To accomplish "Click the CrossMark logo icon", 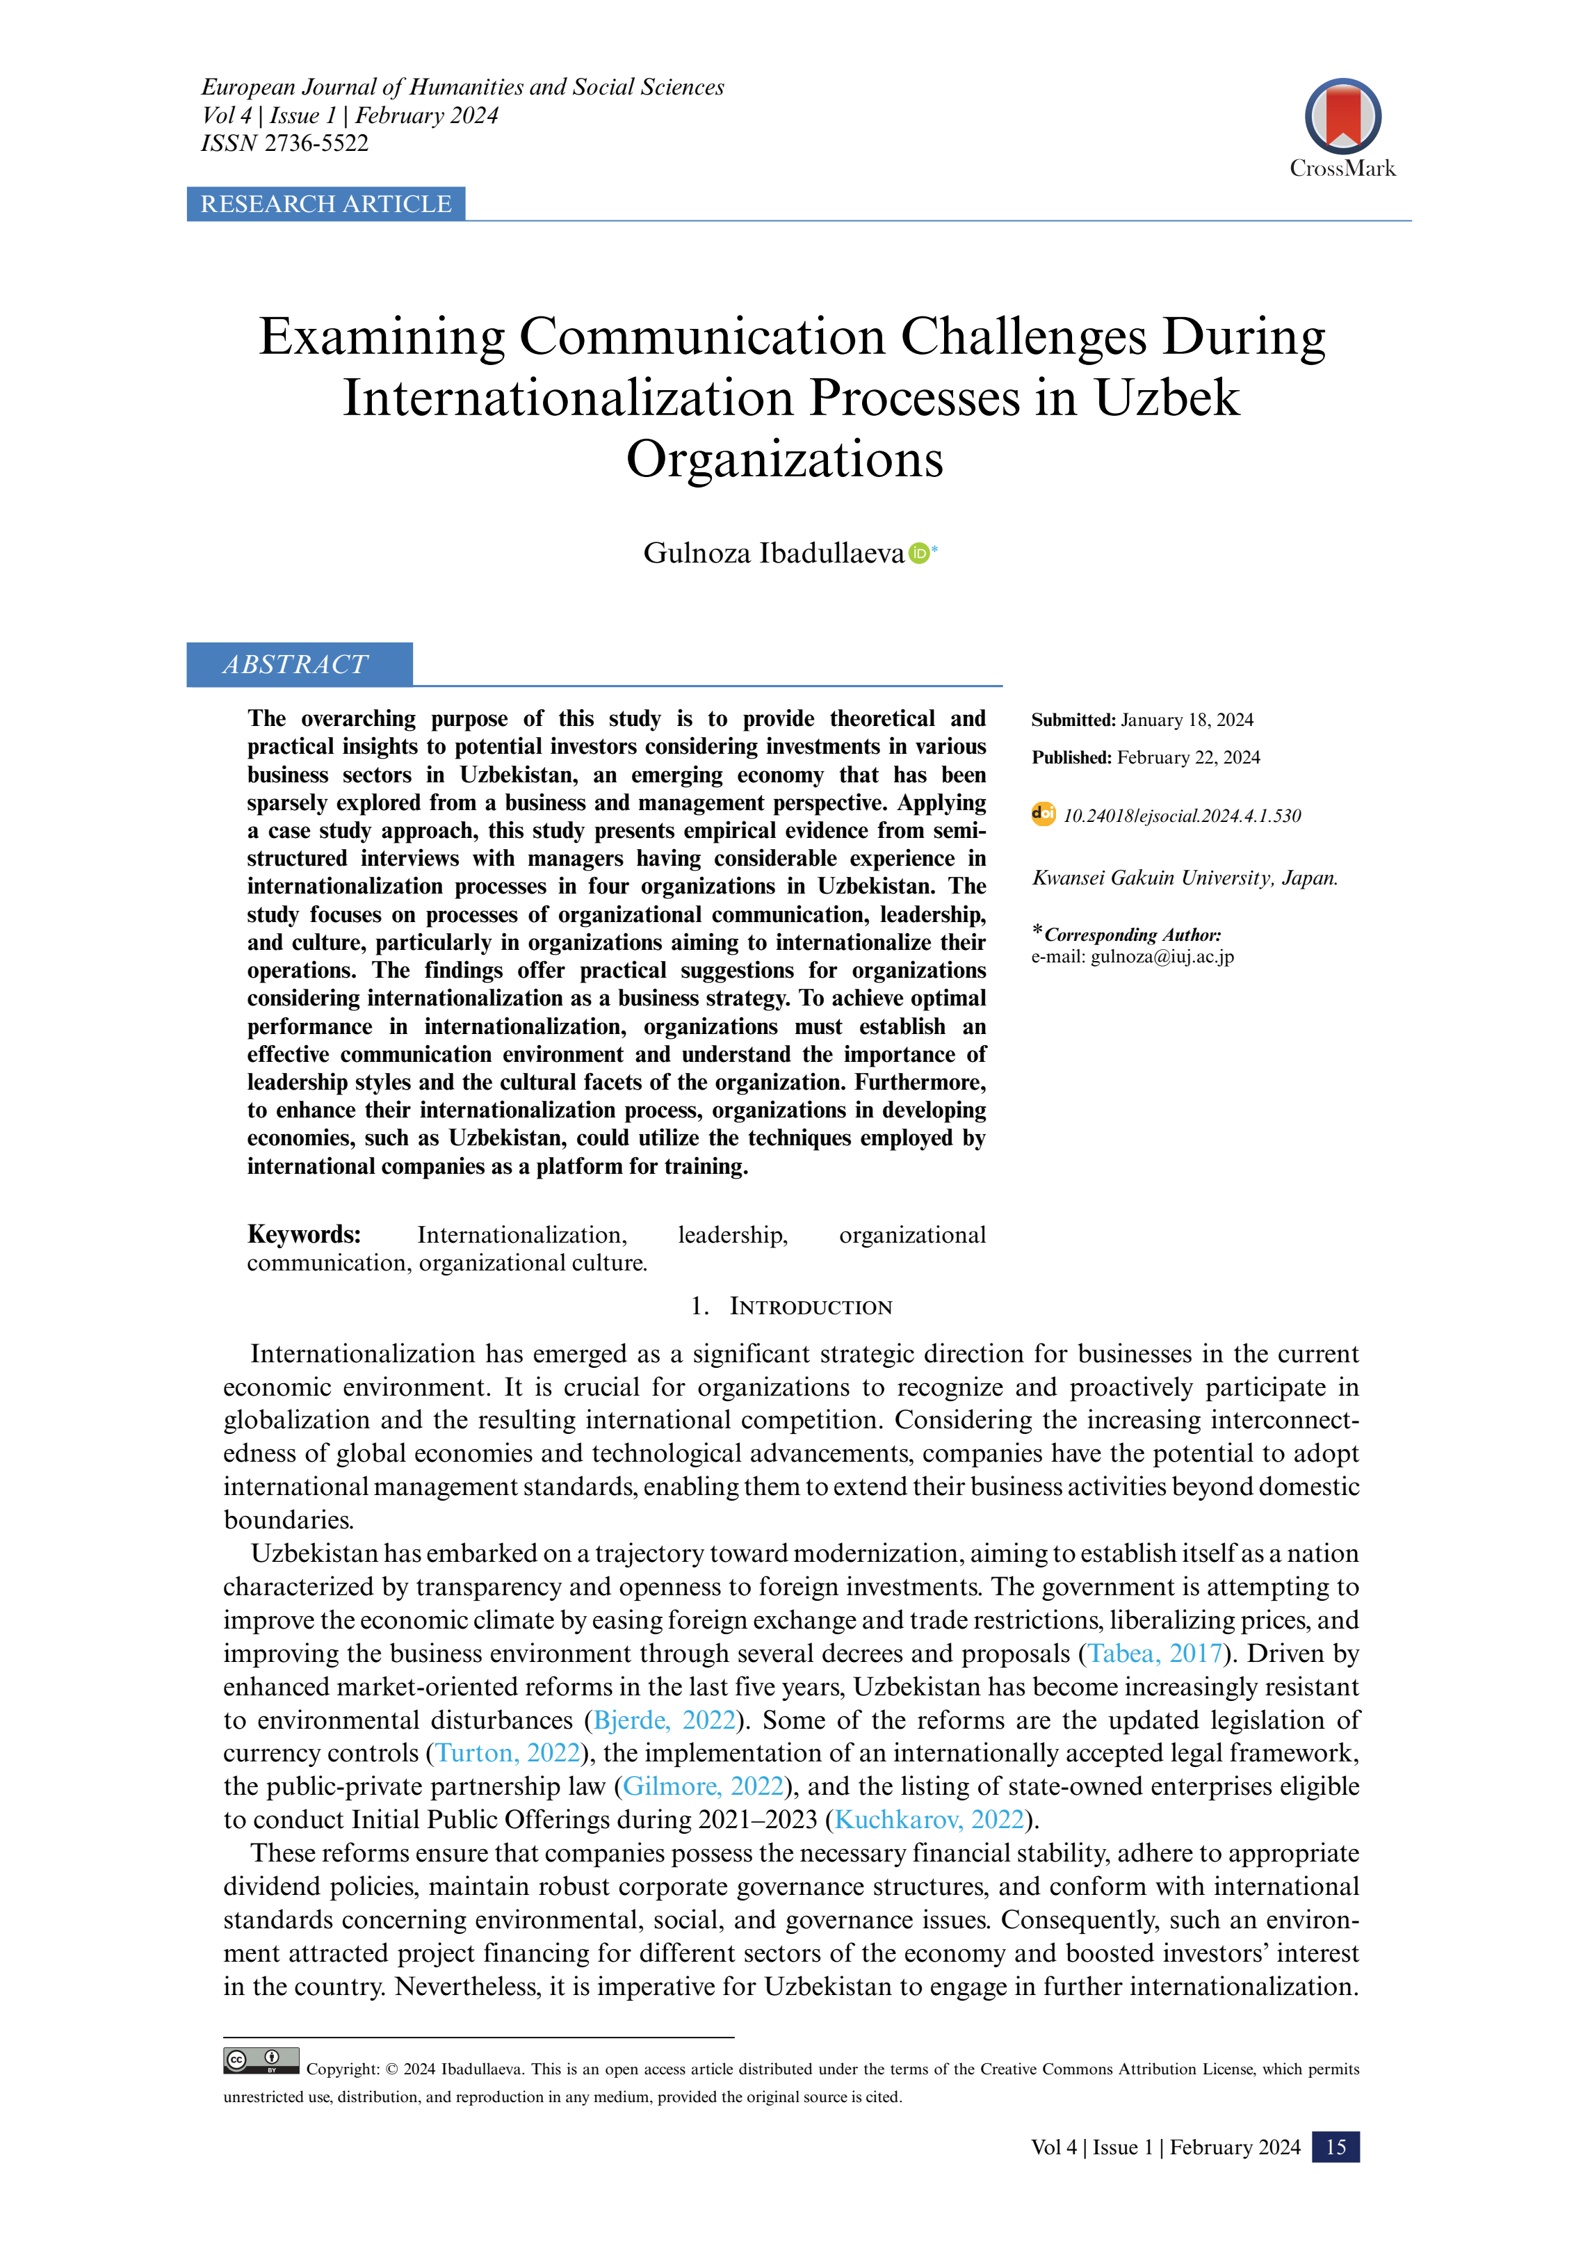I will (x=1342, y=116).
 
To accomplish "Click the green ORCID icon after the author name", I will (x=918, y=554).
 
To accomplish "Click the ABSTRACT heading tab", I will (x=296, y=665).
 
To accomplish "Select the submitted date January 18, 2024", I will (x=1186, y=720).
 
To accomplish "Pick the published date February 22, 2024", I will (x=1188, y=757).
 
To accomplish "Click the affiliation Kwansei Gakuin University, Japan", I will (x=1185, y=878).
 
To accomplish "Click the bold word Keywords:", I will (x=304, y=1234).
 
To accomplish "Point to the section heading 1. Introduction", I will (x=791, y=1307).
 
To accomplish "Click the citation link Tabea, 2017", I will (x=1155, y=1653).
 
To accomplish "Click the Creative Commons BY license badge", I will (x=261, y=2060).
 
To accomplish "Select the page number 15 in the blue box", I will (x=1335, y=2147).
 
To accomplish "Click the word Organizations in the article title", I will (x=785, y=460).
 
